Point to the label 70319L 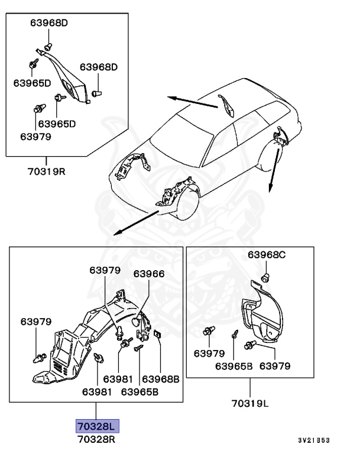251,404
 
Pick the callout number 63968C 267,255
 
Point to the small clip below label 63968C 266,277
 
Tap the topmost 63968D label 49,23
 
